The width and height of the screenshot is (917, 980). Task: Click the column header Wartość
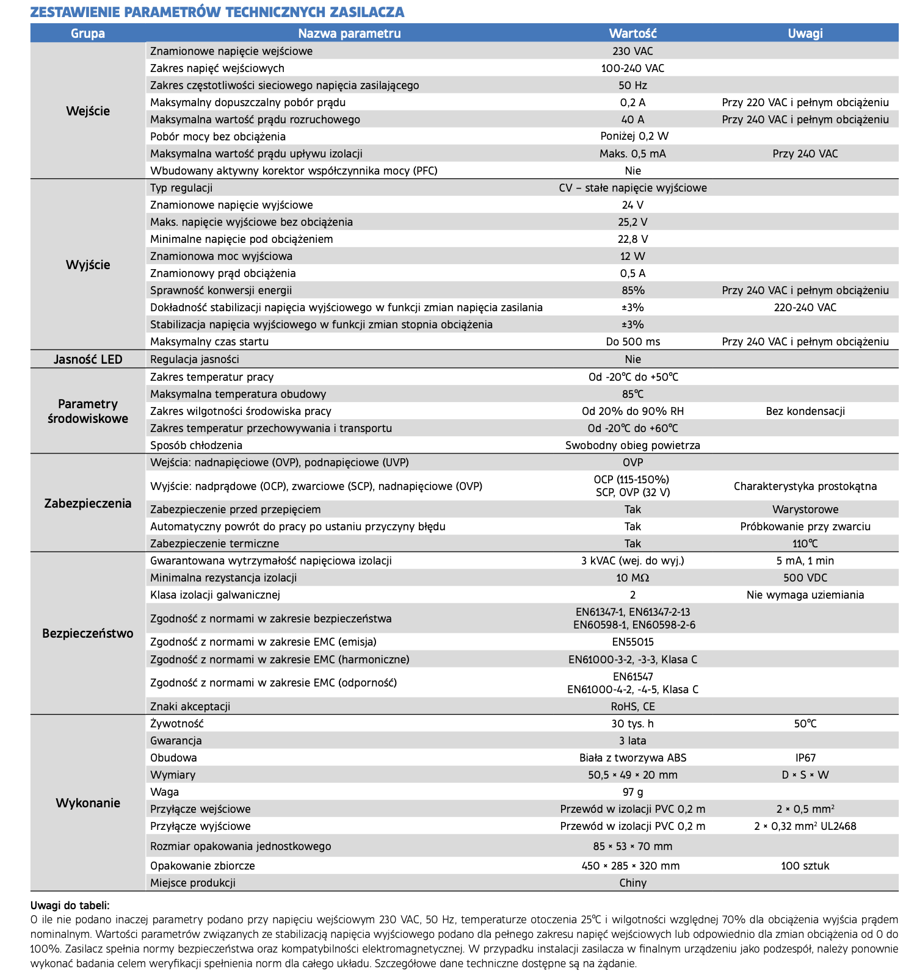click(632, 33)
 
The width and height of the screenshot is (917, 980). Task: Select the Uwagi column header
click(805, 33)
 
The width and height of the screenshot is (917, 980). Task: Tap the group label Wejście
click(88, 111)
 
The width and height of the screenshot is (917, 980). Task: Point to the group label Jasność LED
click(88, 359)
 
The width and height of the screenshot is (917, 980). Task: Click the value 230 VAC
click(632, 51)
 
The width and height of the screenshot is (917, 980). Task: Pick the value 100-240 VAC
click(632, 68)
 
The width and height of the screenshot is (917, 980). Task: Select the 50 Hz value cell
click(632, 85)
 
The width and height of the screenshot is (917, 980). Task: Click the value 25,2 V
click(632, 222)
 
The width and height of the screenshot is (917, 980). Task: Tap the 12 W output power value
click(632, 256)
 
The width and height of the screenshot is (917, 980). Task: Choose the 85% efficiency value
click(632, 290)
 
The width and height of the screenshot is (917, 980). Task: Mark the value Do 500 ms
click(632, 342)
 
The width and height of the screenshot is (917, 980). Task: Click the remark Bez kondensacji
click(805, 411)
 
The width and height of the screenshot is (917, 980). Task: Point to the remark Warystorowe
click(805, 510)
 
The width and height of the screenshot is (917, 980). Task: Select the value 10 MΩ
click(632, 578)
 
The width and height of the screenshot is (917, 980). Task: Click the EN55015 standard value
click(632, 642)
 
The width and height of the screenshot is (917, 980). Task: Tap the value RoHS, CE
click(632, 707)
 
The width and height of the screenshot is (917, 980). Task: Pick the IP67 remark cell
click(805, 758)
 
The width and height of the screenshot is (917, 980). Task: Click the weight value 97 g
click(632, 792)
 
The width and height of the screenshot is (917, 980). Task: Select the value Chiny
click(632, 883)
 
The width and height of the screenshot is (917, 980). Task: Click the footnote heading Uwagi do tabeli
click(70, 906)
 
